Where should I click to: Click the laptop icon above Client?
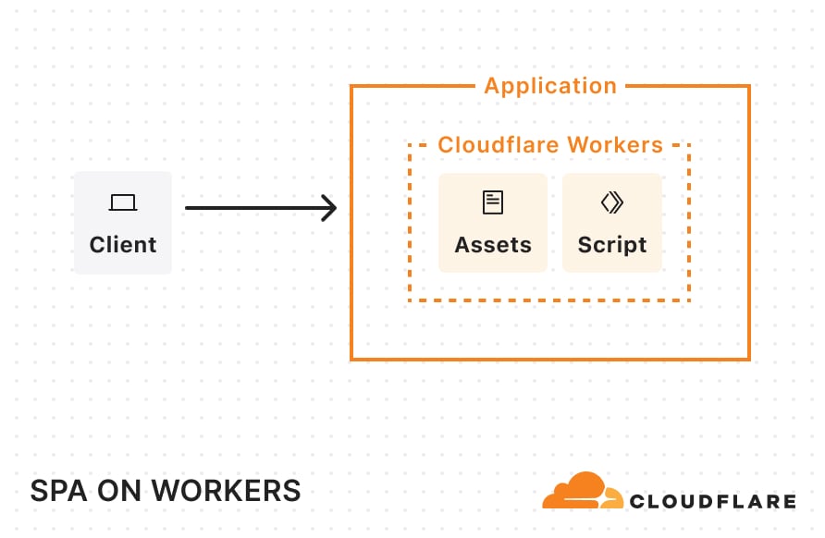tap(123, 202)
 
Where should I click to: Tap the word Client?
tap(123, 245)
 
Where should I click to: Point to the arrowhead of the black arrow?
tap(330, 208)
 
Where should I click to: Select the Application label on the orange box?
tap(550, 86)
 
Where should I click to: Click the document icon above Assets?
tap(493, 202)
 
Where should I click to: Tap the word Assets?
tap(493, 245)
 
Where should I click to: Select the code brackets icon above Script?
tap(612, 202)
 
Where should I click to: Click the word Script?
tap(612, 245)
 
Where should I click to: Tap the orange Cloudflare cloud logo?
tap(581, 493)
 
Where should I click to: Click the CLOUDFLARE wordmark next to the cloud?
tap(712, 502)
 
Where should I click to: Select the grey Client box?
tap(123, 223)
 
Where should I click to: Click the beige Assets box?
tap(493, 223)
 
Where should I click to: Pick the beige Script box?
tap(612, 223)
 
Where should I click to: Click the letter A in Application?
tap(492, 86)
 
